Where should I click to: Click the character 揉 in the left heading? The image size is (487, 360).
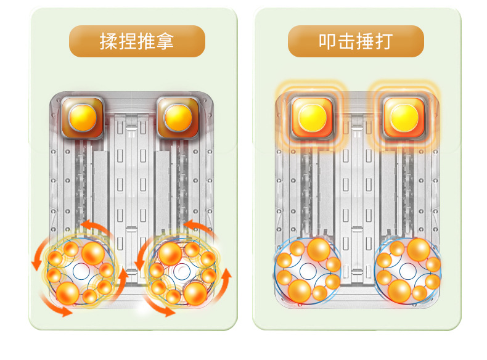point(109,41)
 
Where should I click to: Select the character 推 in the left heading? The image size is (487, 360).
point(146,41)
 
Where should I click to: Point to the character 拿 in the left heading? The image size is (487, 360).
point(165,41)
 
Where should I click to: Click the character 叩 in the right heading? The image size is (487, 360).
point(328,41)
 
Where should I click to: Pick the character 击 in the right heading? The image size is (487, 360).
point(346,41)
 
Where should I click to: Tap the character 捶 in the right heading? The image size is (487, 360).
point(365,41)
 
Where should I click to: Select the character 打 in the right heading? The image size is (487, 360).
point(383,41)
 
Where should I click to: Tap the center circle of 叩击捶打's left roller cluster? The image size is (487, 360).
point(306,269)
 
